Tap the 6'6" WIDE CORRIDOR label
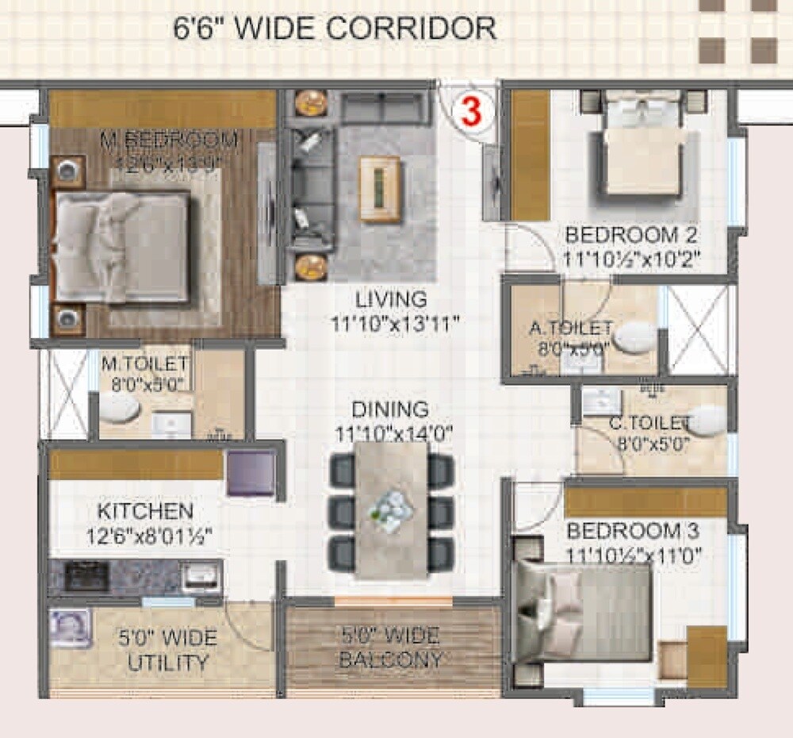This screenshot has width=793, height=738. click(x=335, y=29)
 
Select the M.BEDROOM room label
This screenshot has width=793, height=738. click(x=169, y=140)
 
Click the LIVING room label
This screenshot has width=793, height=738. click(x=391, y=300)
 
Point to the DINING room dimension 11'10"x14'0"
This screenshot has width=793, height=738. click(x=391, y=434)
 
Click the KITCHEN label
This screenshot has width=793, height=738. click(x=145, y=510)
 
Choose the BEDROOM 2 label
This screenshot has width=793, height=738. click(x=630, y=235)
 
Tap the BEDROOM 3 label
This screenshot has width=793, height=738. click(x=634, y=530)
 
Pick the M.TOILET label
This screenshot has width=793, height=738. click(x=144, y=363)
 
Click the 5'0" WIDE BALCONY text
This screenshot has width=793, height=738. click(x=391, y=648)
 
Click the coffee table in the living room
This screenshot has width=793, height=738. click(x=380, y=189)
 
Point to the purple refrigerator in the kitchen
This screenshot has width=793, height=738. click(x=251, y=474)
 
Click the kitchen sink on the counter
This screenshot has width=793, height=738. click(x=201, y=577)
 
